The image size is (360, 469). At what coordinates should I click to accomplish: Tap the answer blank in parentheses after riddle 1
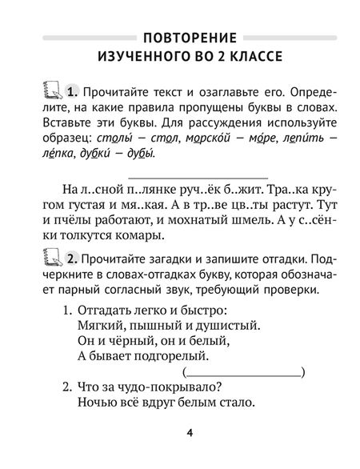coord(245,372)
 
